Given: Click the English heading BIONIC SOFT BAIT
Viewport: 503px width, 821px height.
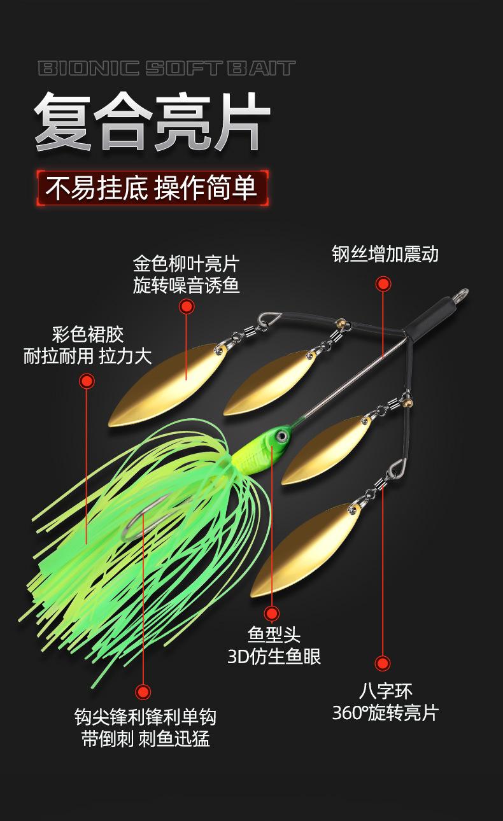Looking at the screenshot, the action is (x=167, y=68).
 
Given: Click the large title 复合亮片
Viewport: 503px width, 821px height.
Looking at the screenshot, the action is (x=152, y=122).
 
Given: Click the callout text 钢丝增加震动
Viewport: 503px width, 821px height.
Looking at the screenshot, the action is (x=385, y=253).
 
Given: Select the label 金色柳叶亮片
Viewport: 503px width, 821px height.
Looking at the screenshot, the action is (x=186, y=263).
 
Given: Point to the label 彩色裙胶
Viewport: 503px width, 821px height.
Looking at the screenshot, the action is (x=87, y=333).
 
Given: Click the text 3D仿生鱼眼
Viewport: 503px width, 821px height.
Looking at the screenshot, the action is (x=274, y=656).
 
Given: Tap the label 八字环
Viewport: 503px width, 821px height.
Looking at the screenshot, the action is (x=386, y=691).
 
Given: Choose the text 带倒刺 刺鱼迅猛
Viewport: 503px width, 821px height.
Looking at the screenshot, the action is (x=146, y=739).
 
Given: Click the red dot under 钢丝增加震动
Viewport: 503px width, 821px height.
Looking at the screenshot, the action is (x=383, y=284).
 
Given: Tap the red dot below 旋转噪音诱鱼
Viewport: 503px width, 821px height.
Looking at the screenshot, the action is (x=186, y=307).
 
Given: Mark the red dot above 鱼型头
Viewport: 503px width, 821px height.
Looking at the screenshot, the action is (x=272, y=614).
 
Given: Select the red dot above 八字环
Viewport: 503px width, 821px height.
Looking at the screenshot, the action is (x=382, y=664).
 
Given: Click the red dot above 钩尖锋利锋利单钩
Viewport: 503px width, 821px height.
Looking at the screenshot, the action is (x=143, y=692).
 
